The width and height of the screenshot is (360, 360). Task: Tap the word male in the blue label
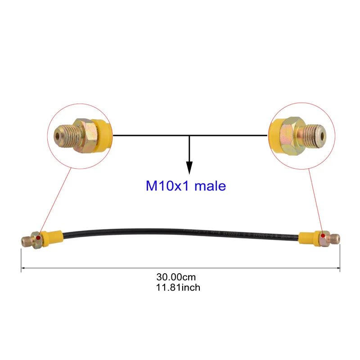point(210,185)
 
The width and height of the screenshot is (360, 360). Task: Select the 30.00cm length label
point(176,278)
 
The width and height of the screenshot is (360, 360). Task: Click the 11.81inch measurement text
point(176,287)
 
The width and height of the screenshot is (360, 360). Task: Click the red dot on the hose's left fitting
point(40,238)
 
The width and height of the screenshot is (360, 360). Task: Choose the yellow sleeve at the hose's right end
point(309,238)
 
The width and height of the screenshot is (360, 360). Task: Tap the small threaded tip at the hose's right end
point(335,236)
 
